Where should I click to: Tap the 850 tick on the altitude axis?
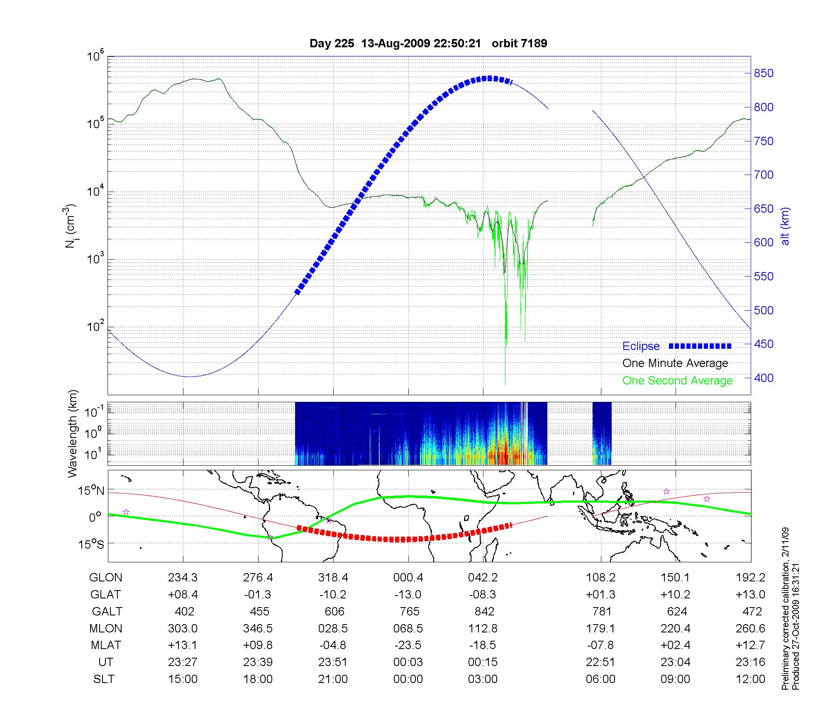tap(764, 73)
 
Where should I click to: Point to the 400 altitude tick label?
tap(764, 378)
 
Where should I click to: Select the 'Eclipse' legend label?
tap(641, 346)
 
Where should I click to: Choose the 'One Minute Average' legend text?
tap(675, 363)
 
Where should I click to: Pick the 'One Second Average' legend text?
tap(677, 381)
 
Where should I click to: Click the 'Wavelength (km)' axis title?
tap(73, 433)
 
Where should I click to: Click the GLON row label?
tap(106, 578)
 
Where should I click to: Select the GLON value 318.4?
tap(333, 578)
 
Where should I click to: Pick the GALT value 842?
tap(484, 612)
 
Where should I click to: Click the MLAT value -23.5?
tap(408, 645)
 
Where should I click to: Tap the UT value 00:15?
tap(483, 662)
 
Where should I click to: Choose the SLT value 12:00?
tap(750, 679)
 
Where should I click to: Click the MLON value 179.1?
tap(600, 629)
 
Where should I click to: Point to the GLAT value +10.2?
tap(675, 595)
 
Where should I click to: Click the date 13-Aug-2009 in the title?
tap(395, 44)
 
